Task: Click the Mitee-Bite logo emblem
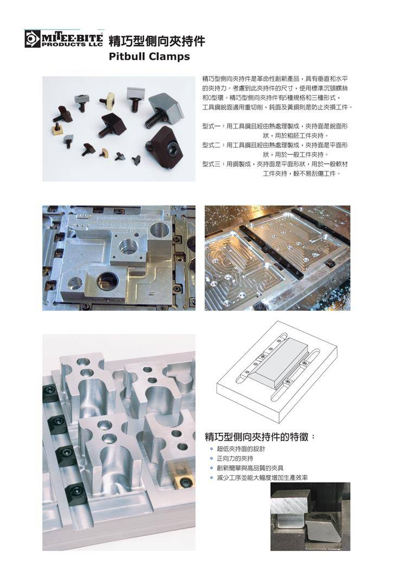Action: tap(33, 38)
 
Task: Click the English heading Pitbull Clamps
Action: tap(149, 56)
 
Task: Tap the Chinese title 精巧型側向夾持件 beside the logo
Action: tap(156, 41)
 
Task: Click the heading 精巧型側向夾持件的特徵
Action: tap(257, 437)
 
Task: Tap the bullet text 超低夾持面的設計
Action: tap(241, 449)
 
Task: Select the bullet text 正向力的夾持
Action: tap(235, 459)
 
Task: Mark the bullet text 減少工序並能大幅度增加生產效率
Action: tap(262, 478)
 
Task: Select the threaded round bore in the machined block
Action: tap(128, 246)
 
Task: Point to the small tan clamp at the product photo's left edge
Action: tap(56, 129)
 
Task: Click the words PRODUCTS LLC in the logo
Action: tap(72, 44)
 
